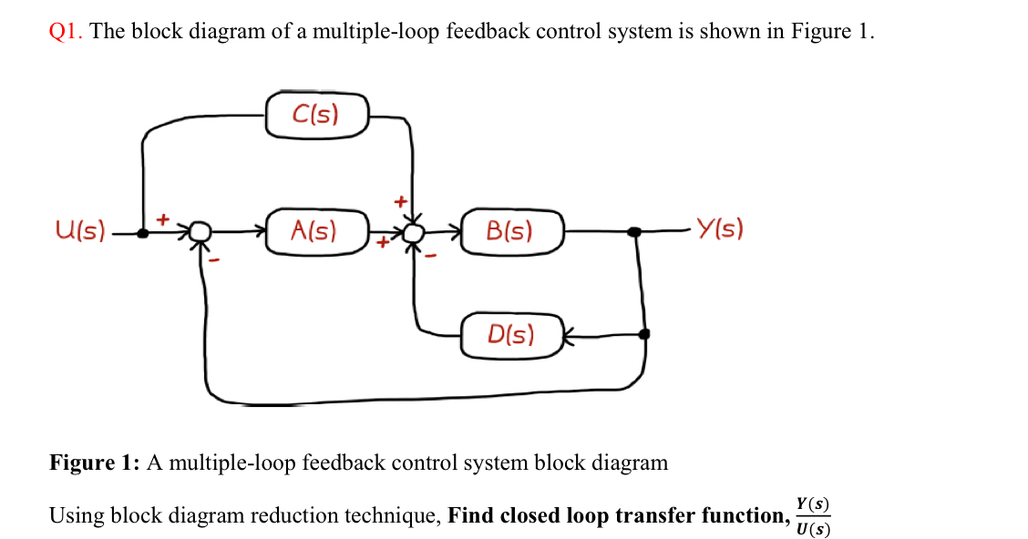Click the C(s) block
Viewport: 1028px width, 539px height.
point(316,115)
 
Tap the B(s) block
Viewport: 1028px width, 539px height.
point(511,231)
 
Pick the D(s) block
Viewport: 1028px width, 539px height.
point(511,335)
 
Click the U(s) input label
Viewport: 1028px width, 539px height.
point(80,230)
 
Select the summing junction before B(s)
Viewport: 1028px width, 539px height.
point(414,233)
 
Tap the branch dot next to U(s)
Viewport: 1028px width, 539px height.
point(142,233)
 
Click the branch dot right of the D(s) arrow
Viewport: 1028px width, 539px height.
point(644,334)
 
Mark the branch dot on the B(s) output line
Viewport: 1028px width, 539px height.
point(635,232)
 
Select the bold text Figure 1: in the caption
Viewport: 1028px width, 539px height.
point(95,463)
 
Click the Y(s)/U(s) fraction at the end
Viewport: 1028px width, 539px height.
point(812,516)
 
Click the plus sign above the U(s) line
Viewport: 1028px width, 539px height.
point(164,219)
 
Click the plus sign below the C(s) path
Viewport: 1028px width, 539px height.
point(399,199)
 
